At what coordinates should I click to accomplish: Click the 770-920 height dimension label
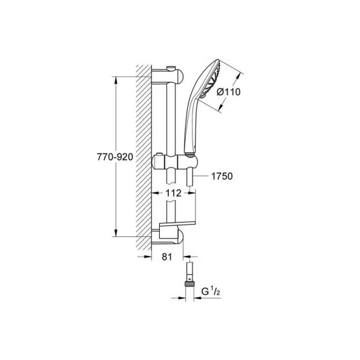point(115,157)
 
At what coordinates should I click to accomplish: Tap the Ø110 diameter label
point(228,92)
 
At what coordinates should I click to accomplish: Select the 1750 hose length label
point(222,176)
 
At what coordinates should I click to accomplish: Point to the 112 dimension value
point(173,193)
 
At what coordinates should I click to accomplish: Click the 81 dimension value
point(167,257)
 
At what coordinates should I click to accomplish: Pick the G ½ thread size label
point(211,291)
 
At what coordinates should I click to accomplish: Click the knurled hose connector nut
point(189,284)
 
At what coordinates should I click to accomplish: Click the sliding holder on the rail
point(175,162)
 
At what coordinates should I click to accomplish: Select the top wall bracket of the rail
point(168,76)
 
